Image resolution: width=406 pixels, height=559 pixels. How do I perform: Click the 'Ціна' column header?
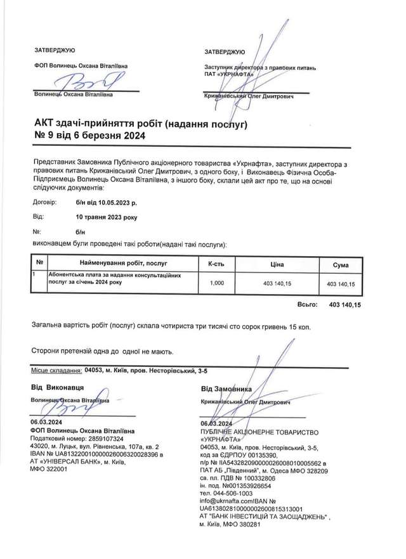(x=277, y=263)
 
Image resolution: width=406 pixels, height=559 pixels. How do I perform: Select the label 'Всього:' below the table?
(x=308, y=305)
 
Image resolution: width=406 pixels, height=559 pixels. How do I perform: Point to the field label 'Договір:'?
(x=44, y=203)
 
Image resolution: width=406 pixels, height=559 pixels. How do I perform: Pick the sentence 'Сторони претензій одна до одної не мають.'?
(x=101, y=350)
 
